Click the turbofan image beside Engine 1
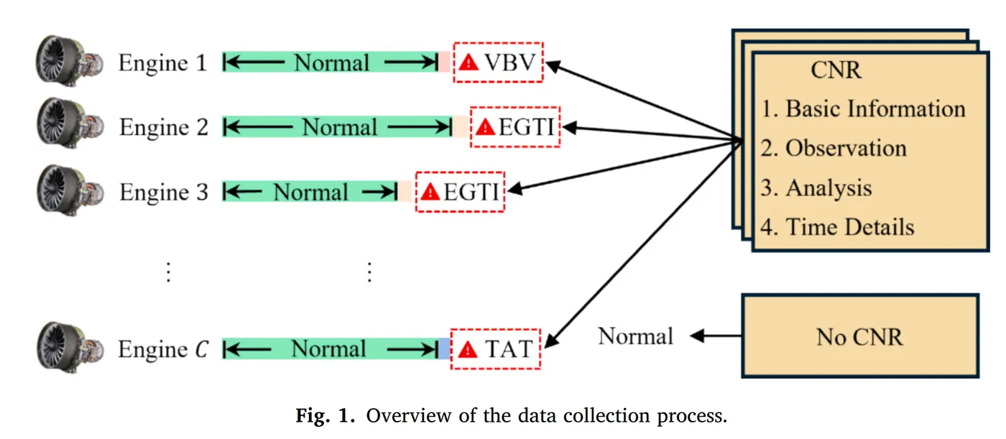point(70,60)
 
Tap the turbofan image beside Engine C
point(70,348)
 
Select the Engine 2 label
point(164,127)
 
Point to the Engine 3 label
point(164,192)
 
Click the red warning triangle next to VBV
point(469,63)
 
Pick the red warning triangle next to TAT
point(468,349)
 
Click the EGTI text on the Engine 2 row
point(526,127)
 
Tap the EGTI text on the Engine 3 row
point(471,192)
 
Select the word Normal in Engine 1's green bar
point(331,63)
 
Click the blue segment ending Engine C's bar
point(444,348)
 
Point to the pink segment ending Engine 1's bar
point(444,62)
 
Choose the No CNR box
point(859,336)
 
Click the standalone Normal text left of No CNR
point(635,336)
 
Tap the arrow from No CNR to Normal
point(716,336)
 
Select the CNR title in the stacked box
point(836,70)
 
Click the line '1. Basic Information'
point(863,108)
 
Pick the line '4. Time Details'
point(837,227)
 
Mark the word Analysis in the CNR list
point(829,188)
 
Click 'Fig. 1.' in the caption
point(325,415)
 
